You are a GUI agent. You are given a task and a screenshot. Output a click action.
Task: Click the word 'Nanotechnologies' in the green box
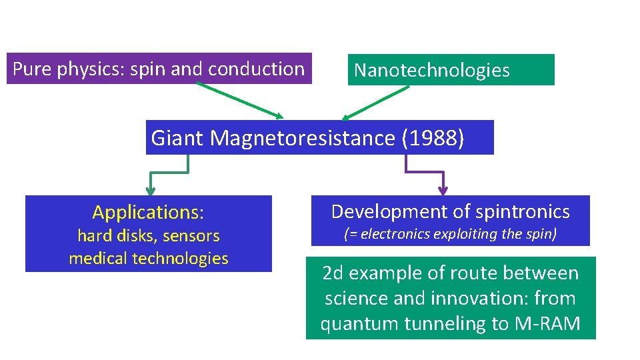[431, 70]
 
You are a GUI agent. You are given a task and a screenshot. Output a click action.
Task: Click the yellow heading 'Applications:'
[148, 213]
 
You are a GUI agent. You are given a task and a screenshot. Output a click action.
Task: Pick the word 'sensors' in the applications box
[191, 235]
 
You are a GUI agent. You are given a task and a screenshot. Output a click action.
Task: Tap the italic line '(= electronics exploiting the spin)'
[450, 234]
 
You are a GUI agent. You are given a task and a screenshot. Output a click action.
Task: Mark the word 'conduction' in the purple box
[256, 69]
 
